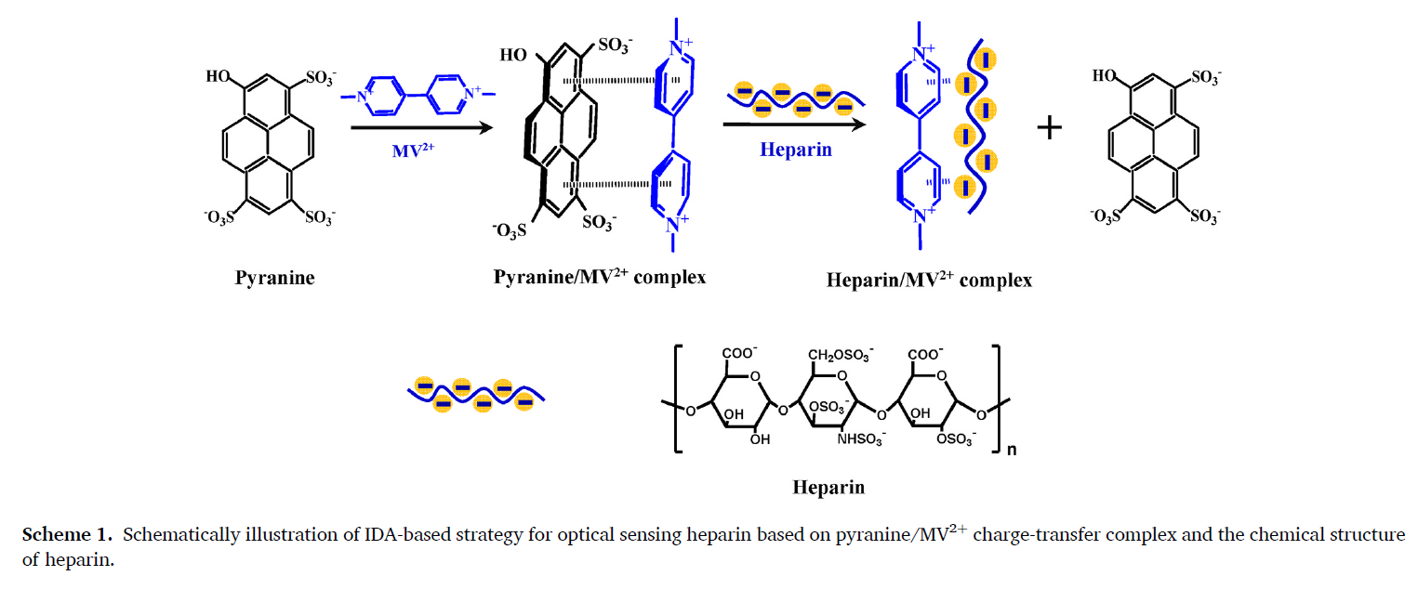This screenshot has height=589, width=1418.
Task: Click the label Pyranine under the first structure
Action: (x=274, y=278)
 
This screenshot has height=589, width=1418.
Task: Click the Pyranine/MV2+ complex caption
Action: (x=599, y=276)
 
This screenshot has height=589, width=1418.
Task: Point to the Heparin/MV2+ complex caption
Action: (x=929, y=279)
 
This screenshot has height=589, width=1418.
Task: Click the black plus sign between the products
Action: (x=1049, y=127)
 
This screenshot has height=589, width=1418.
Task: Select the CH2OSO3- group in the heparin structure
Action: (x=841, y=354)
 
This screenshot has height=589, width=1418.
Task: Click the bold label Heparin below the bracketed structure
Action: (x=828, y=487)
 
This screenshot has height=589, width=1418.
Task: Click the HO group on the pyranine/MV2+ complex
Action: (x=513, y=55)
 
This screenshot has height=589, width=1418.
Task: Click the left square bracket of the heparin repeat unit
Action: (x=676, y=399)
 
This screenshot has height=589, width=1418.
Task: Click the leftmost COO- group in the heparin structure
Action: (x=739, y=354)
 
